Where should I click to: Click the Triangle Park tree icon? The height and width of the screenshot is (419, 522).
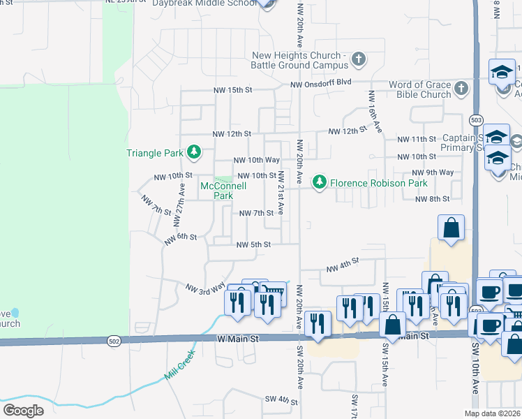(x=195, y=152)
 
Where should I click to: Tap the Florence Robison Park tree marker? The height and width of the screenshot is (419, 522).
(x=320, y=182)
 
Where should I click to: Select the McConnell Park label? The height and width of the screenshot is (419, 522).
(x=217, y=191)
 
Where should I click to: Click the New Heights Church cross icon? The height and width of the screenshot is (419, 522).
(x=359, y=59)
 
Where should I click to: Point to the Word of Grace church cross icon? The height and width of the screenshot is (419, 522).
(x=461, y=89)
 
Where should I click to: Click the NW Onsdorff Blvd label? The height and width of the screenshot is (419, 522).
(x=321, y=84)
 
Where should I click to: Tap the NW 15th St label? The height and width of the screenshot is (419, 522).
(x=232, y=91)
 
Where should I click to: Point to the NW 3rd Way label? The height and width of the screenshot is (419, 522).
(x=205, y=287)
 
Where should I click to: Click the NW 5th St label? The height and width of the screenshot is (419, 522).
(x=253, y=244)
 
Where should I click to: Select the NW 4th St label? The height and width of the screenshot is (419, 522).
(x=343, y=265)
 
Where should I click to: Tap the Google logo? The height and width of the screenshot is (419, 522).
(x=23, y=411)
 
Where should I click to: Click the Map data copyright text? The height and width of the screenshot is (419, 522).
(x=492, y=413)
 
